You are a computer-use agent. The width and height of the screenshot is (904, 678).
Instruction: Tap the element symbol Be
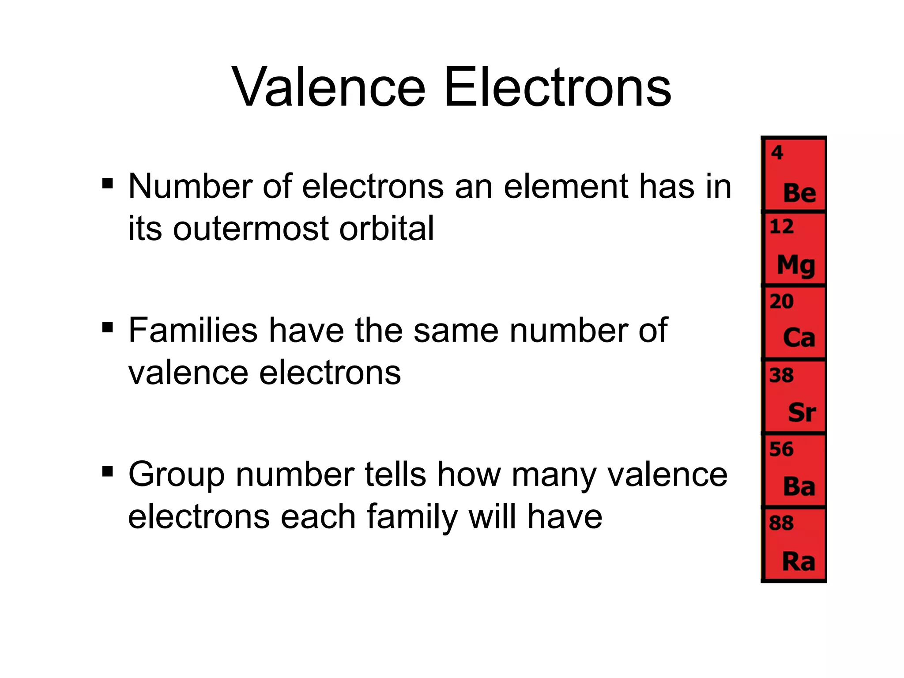[x=799, y=193]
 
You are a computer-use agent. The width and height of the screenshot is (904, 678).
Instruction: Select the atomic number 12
[x=781, y=227]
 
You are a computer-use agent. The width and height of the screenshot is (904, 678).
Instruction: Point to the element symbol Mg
[x=796, y=266]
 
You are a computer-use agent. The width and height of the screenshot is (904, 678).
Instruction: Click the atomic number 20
[x=781, y=302]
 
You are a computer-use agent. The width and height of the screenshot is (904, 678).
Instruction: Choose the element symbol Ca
[x=799, y=339]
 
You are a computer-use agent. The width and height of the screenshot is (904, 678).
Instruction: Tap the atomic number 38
[x=781, y=376]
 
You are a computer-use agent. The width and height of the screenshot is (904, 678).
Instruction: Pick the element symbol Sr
[x=802, y=413]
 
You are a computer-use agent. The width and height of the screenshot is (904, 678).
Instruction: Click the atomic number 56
[x=781, y=449]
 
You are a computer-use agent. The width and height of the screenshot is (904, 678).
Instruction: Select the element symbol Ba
[x=799, y=487]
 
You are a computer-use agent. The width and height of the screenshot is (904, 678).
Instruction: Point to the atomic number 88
[x=781, y=524]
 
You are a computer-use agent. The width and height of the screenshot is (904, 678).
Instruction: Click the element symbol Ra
[x=798, y=561]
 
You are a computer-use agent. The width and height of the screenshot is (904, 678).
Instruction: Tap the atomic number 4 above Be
[x=777, y=153]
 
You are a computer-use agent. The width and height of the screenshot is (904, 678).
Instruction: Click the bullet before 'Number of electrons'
[x=107, y=183]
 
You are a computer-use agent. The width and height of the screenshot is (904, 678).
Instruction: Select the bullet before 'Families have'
[x=107, y=328]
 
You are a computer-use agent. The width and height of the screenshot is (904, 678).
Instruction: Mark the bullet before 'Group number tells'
[x=107, y=472]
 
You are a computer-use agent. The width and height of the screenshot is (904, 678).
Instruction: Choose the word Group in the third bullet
[x=176, y=475]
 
